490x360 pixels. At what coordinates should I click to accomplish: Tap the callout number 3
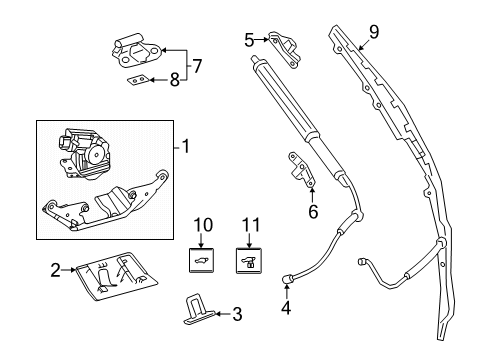click(237, 315)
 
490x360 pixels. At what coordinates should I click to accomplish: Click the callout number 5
click(249, 39)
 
